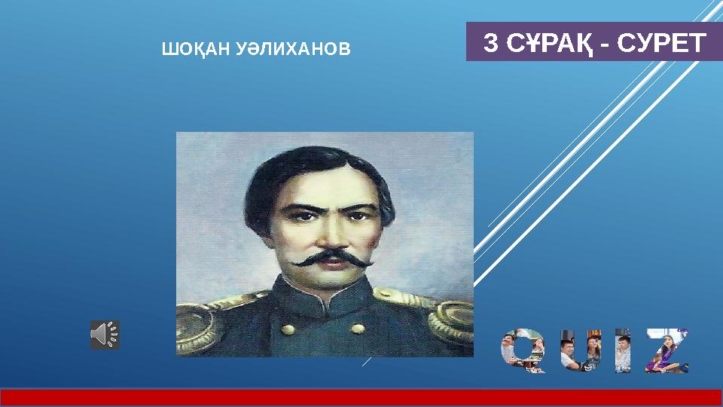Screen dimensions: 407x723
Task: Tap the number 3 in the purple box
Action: click(490, 43)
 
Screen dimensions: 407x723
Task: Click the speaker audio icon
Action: click(105, 334)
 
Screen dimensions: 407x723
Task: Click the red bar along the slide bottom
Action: click(361, 397)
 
